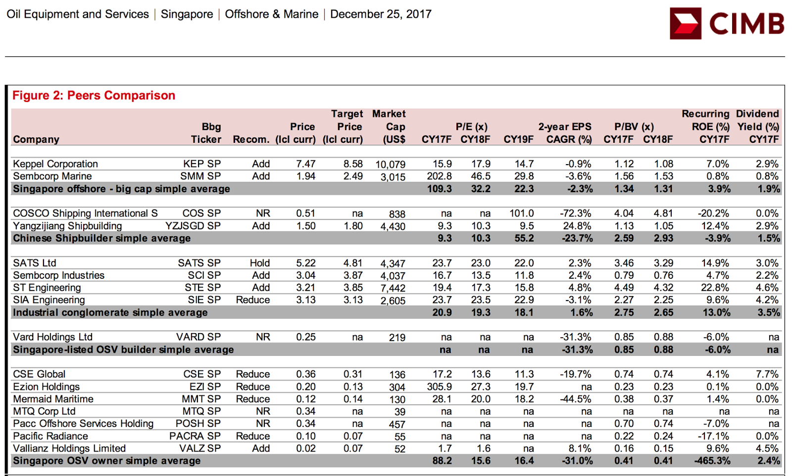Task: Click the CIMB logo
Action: tap(727, 23)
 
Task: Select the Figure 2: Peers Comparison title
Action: tap(94, 95)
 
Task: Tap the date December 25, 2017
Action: tap(381, 14)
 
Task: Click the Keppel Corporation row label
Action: tap(55, 164)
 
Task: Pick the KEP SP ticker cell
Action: tap(202, 164)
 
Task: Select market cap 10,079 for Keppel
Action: tap(391, 165)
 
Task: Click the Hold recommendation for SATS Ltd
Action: tap(260, 263)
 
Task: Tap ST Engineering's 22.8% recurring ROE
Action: tap(715, 288)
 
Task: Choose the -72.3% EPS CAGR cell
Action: tap(576, 213)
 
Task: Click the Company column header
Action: tap(36, 139)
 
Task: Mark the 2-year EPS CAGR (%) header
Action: tap(565, 133)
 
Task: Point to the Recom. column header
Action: tap(251, 139)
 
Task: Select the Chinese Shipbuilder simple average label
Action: tap(102, 238)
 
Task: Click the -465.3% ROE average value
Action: tap(712, 461)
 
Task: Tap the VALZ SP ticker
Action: tap(200, 448)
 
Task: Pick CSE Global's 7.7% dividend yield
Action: tap(767, 374)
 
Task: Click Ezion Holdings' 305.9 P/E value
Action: tap(440, 387)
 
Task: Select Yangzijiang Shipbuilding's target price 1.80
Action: tap(353, 226)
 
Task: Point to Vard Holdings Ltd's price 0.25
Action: tap(306, 337)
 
